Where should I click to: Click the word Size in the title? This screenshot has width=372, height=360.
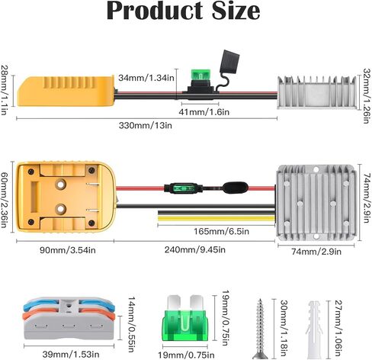point(236,11)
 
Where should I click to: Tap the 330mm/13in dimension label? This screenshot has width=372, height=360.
point(146,125)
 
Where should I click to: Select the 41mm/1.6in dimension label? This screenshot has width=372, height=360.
point(204,112)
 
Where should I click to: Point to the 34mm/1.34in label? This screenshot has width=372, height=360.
point(146,78)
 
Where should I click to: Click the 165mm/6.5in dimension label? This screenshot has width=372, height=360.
point(221,231)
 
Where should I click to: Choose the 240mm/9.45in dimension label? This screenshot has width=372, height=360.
point(195,249)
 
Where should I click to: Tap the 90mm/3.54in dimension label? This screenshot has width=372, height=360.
point(68,250)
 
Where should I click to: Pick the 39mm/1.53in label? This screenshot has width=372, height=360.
point(71,354)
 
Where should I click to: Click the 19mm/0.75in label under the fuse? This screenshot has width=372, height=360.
point(186,355)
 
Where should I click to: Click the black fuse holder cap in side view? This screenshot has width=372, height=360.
point(230,60)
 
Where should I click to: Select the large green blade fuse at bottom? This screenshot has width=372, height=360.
point(185,318)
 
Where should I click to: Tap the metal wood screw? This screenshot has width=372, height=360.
point(260,329)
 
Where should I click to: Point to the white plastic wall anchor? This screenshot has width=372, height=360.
point(315,330)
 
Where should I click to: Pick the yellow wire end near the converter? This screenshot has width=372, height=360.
point(216,218)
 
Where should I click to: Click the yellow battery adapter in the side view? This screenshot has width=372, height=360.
point(66,91)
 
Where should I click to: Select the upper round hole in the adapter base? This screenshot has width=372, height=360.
point(60,185)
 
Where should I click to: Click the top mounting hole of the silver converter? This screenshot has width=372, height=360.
point(316,169)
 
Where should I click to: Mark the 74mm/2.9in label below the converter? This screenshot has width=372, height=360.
point(316,252)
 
